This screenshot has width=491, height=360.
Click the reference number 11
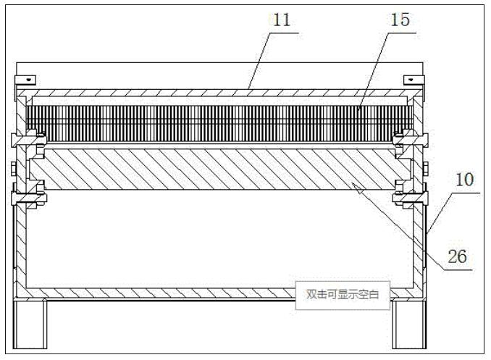click(281, 20)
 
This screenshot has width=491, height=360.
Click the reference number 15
click(400, 20)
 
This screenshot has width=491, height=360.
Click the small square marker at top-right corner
click(411, 78)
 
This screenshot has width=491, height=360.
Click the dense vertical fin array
click(217, 120)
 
